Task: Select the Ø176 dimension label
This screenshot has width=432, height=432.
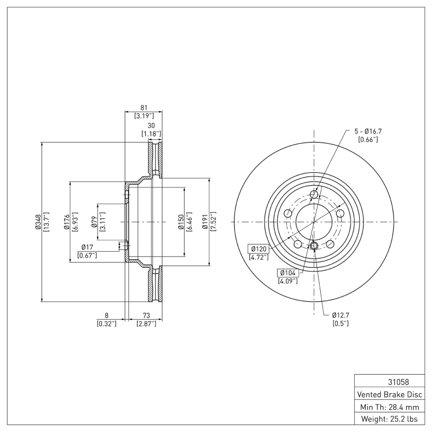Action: coord(66,222)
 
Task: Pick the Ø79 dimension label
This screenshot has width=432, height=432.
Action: coord(94,222)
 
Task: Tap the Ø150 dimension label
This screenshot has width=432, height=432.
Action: coord(181,222)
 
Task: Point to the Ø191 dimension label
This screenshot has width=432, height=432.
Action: coord(206,222)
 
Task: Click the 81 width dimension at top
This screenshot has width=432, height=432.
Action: coord(144,107)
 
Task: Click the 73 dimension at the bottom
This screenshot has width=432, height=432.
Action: coord(146,315)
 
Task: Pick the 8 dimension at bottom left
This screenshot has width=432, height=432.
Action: coord(107,315)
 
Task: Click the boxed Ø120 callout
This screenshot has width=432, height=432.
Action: coord(259,249)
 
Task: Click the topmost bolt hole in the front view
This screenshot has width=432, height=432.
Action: coord(314,196)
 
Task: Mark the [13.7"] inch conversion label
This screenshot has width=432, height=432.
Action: coord(46,222)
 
